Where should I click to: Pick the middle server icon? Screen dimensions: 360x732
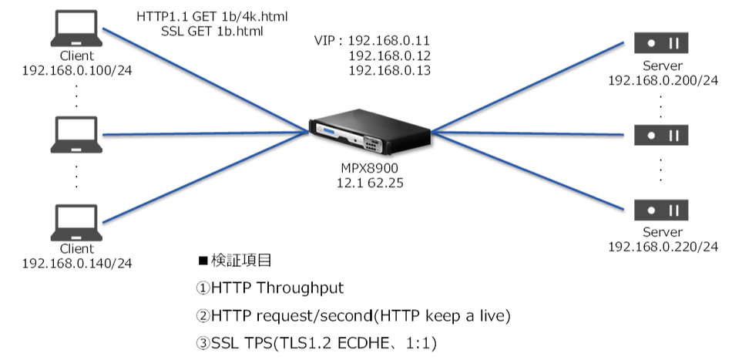click(x=660, y=136)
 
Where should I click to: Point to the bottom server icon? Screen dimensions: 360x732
click(x=660, y=209)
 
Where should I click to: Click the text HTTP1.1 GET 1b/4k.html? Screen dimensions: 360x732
click(x=213, y=17)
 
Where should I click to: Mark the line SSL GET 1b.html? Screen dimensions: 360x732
click(x=213, y=32)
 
